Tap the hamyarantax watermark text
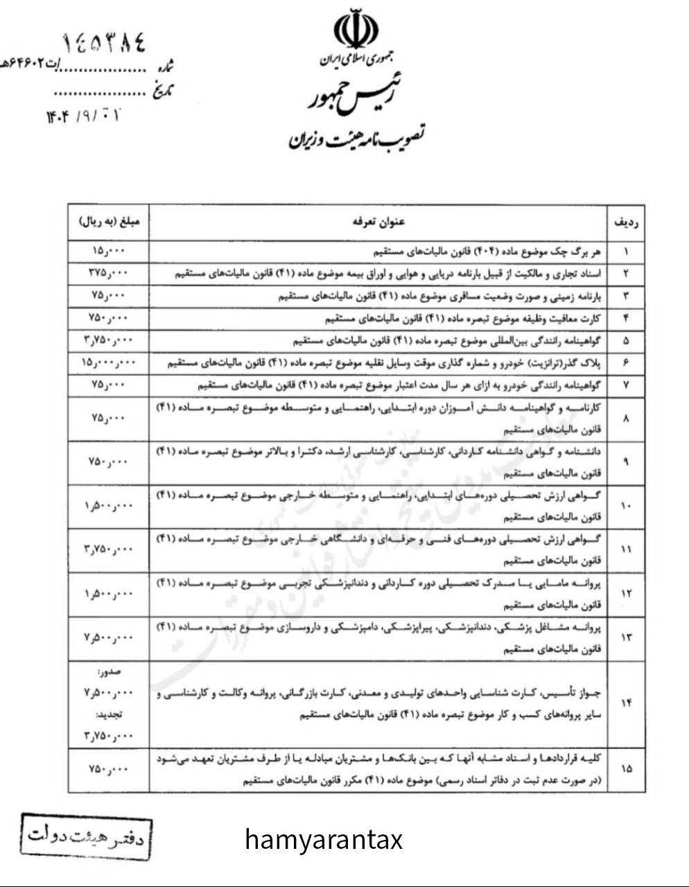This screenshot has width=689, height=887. pos(324,840)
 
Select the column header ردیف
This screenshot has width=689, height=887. pos(627,222)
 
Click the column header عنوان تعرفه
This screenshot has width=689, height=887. pos(378,222)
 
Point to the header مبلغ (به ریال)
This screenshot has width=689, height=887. pos(109,222)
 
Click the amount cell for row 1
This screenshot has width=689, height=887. pos(109,251)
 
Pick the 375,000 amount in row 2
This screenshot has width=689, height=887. pos(109,273)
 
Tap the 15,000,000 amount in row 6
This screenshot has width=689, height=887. pos(109,362)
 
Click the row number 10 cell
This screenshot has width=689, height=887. pos(627,507)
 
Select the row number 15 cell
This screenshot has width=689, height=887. pos(627,769)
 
